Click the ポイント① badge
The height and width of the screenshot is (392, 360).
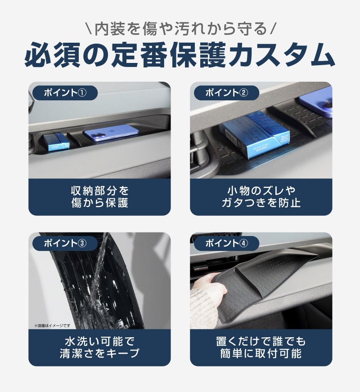(64, 93)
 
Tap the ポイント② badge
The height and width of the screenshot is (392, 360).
(226, 93)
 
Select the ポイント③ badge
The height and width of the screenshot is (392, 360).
(64, 243)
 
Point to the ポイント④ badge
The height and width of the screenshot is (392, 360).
(226, 243)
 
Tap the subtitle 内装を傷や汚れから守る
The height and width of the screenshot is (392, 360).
(180, 30)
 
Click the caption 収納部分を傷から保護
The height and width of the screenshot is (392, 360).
(99, 196)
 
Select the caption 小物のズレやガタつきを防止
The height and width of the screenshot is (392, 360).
(261, 196)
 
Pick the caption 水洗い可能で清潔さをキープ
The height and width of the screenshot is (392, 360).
(99, 347)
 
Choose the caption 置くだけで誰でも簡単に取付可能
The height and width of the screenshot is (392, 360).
(261, 347)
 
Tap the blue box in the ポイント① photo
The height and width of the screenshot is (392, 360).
(57, 141)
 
